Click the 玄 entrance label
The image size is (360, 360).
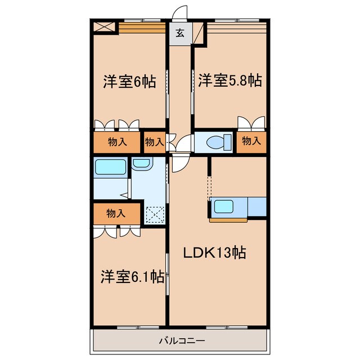click(x=179, y=33)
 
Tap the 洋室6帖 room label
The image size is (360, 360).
click(x=129, y=82)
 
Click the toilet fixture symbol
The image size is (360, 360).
click(x=217, y=141)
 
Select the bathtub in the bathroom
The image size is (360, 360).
click(x=110, y=168)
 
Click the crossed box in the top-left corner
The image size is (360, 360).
click(x=105, y=26)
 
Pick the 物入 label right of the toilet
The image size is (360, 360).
click(x=251, y=141)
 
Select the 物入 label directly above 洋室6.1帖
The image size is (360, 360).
click(x=116, y=213)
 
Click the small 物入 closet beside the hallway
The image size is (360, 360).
click(x=154, y=142)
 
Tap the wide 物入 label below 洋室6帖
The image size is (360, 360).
click(x=117, y=142)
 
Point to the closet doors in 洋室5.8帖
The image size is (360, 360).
click(x=251, y=123)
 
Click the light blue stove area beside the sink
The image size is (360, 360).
click(x=256, y=206)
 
